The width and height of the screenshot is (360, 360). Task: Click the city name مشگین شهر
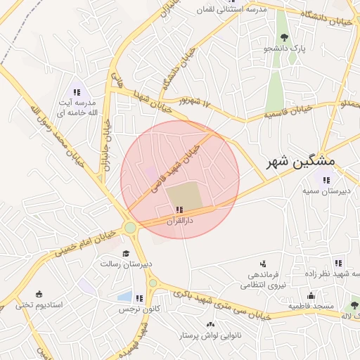pyautogui.click(x=302, y=162)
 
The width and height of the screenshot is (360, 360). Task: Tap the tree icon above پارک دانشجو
pyautogui.click(x=284, y=37)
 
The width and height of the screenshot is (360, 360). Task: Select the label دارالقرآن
pyautogui.click(x=179, y=221)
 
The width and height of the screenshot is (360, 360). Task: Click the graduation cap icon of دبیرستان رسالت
pyautogui.click(x=126, y=253)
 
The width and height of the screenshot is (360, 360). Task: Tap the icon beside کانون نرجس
pyautogui.click(x=139, y=298)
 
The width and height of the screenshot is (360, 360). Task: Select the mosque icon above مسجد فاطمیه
pyautogui.click(x=310, y=295)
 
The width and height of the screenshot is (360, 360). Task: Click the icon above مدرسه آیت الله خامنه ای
pyautogui.click(x=77, y=92)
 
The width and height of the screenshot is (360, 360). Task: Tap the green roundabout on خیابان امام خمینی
pyautogui.click(x=129, y=227)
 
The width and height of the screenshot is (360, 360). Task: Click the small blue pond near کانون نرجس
pyautogui.click(x=124, y=297)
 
